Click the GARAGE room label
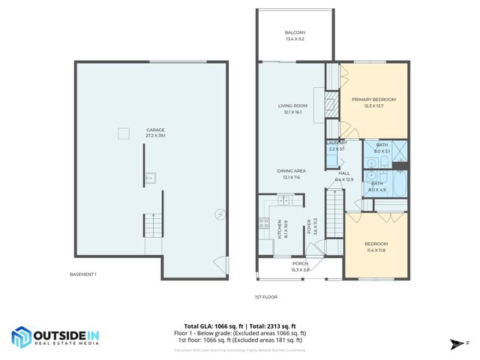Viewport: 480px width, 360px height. (x=155, y=130)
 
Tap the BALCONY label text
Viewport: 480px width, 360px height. (x=294, y=33)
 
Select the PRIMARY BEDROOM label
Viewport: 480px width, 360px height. (x=373, y=99)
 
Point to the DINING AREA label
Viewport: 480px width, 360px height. (x=292, y=172)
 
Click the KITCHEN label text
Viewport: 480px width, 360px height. (x=279, y=224)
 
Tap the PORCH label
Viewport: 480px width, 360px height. (x=300, y=263)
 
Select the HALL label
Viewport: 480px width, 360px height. (x=343, y=172)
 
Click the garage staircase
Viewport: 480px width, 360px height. (x=153, y=223)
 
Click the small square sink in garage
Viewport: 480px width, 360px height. (x=151, y=178)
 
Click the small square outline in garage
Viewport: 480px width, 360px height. (x=123, y=134)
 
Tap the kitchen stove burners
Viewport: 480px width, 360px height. (x=264, y=223)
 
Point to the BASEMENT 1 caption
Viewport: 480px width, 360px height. (x=83, y=274)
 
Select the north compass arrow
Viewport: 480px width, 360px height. (x=454, y=344)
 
